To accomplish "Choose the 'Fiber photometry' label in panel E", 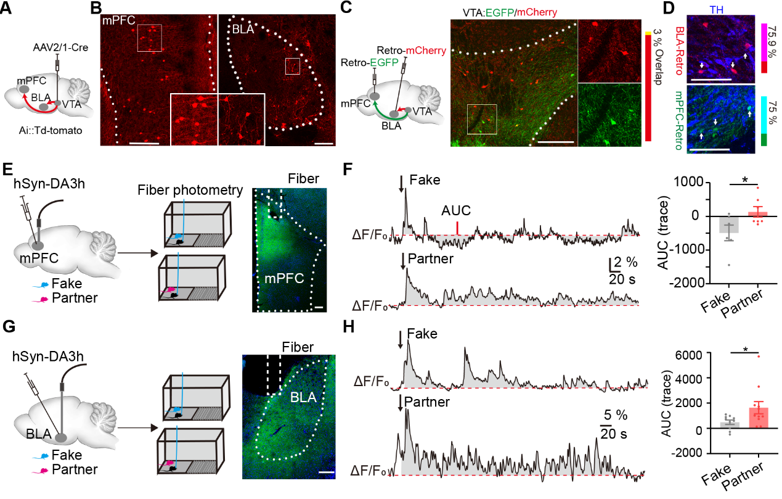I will [x=193, y=189].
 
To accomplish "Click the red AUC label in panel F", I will [x=456, y=212].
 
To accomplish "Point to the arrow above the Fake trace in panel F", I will [x=401, y=183].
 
